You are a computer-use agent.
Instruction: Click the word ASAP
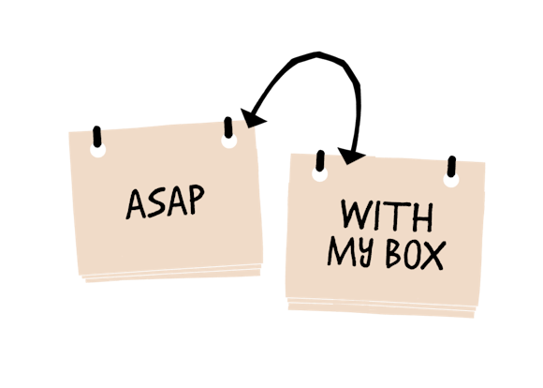[165, 203]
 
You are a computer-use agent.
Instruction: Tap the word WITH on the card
[387, 217]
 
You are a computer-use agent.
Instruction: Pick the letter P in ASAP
[195, 202]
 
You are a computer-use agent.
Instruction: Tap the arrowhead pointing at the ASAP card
[250, 118]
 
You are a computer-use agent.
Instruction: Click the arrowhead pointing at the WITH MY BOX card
[351, 153]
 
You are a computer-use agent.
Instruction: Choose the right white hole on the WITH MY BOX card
[451, 178]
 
